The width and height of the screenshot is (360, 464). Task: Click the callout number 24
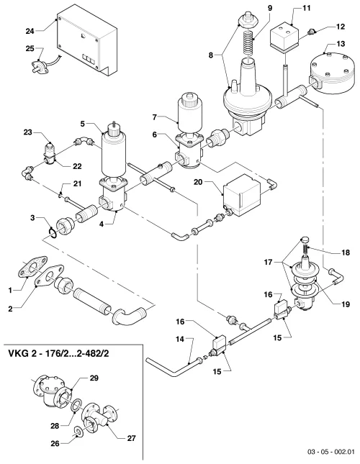tap(30, 31)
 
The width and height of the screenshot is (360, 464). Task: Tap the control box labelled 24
tap(86, 42)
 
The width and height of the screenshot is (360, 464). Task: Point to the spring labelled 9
tap(248, 40)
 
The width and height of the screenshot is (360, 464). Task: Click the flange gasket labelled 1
tap(34, 268)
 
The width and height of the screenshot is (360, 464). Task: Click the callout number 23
tap(28, 132)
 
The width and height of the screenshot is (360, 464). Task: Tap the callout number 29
tap(94, 378)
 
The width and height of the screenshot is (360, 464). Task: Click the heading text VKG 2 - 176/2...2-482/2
tap(58, 353)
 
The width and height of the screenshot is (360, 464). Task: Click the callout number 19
tap(346, 304)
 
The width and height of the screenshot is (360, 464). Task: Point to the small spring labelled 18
tap(305, 250)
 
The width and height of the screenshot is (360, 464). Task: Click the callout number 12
tap(341, 27)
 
